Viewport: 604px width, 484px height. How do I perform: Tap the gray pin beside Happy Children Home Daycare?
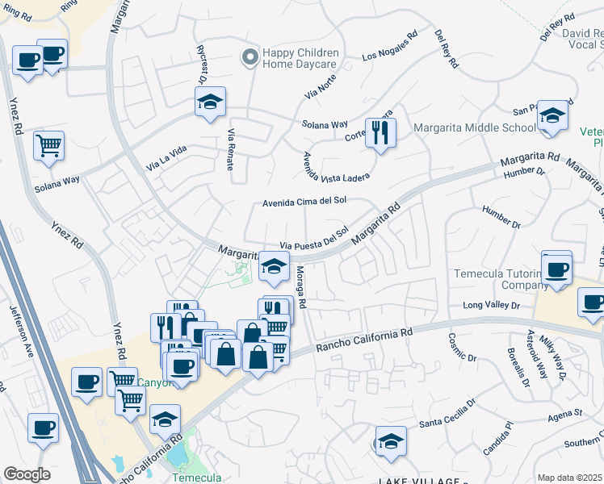coord(250,56)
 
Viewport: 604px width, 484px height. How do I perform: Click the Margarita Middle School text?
coord(474,127)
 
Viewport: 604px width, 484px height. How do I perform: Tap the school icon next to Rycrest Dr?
coord(209,102)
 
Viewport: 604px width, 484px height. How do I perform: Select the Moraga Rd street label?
coord(300,288)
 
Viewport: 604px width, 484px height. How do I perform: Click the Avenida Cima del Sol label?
coord(304,203)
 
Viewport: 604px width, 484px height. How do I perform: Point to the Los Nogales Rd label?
coord(390,47)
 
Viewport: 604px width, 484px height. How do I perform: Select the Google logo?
coord(27,474)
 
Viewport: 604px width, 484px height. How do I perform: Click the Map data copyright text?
coord(570,478)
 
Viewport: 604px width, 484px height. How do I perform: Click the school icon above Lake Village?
coord(390,441)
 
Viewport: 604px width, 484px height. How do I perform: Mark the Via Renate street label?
coord(231,150)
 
